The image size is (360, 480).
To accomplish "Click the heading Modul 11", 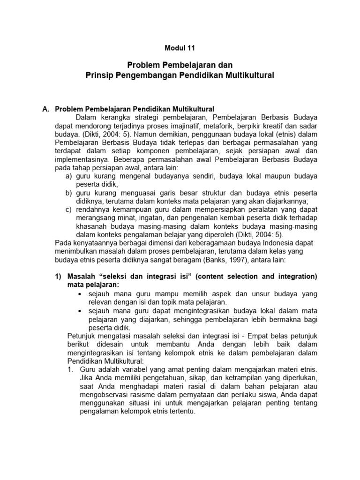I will coord(180,48).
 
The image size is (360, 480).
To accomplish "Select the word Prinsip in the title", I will coord(100,75).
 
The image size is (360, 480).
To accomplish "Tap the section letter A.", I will coord(45,109).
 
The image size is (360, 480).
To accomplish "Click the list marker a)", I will coord(69,176).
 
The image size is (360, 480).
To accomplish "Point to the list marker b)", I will coord(69,193).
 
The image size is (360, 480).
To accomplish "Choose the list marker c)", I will coord(69,210).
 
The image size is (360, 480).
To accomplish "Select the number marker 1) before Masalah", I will coord(59,277).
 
